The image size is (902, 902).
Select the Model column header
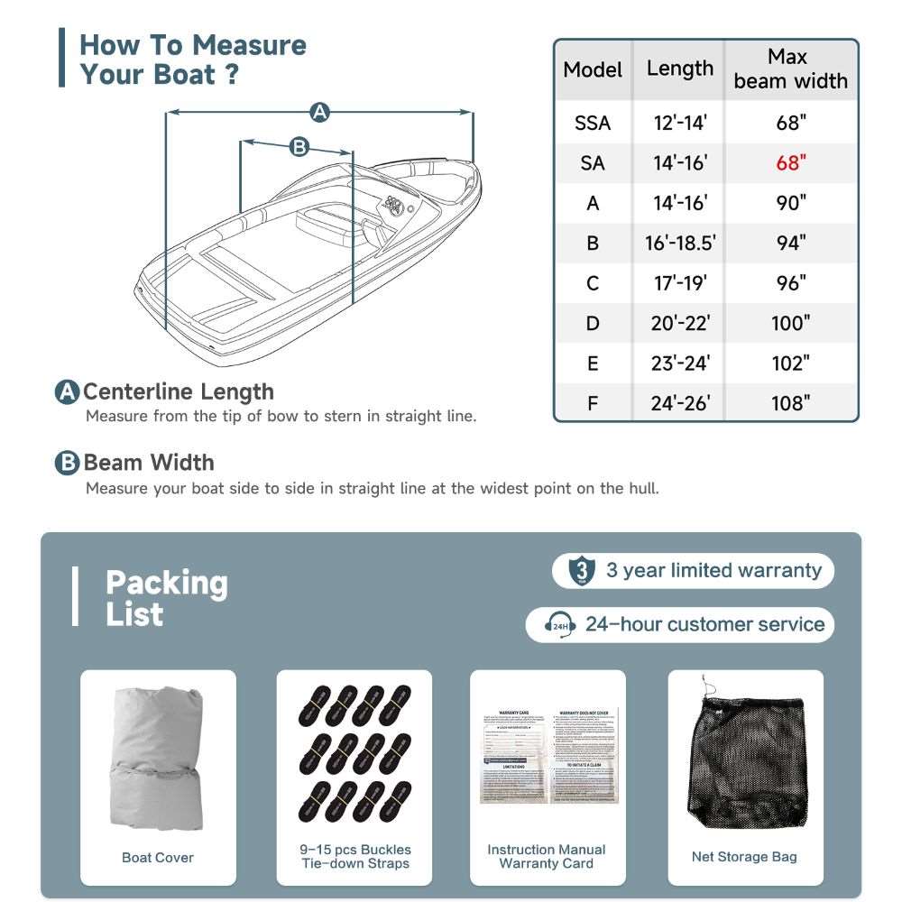(x=593, y=70)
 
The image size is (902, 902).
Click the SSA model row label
(x=593, y=123)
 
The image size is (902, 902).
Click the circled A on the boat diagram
(x=318, y=113)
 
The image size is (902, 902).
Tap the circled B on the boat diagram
(x=299, y=146)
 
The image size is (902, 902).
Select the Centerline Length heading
(x=178, y=392)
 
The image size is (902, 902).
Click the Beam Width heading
(x=149, y=463)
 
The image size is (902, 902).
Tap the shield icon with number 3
(x=583, y=571)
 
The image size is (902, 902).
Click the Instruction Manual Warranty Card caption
(x=547, y=856)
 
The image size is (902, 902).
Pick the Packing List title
(x=166, y=598)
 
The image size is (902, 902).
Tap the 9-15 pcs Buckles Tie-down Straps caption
(x=355, y=856)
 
